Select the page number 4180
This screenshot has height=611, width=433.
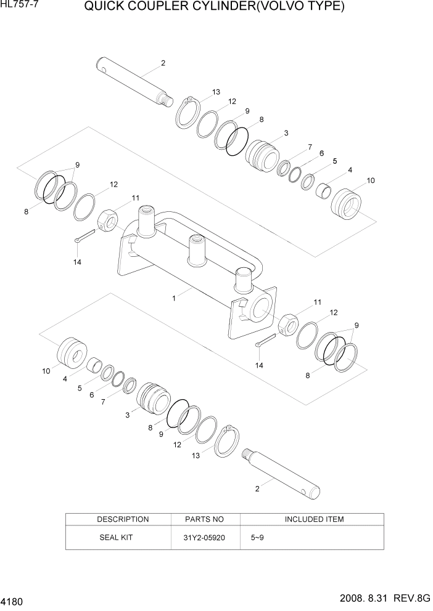click(x=13, y=599)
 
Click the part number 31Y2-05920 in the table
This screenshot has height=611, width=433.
click(x=204, y=537)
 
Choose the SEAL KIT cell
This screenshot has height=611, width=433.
click(x=116, y=537)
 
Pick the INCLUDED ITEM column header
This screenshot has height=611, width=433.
click(x=314, y=519)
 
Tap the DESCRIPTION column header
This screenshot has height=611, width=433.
click(x=123, y=519)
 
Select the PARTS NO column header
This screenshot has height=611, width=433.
click(x=205, y=519)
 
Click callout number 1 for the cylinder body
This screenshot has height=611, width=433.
click(x=174, y=298)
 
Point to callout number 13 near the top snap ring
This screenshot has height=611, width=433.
click(x=216, y=92)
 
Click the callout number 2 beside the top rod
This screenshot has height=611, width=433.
click(x=163, y=62)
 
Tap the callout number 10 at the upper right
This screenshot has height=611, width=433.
click(x=371, y=180)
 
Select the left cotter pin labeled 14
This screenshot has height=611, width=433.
click(x=84, y=236)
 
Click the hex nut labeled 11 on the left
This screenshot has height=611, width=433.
click(x=109, y=221)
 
